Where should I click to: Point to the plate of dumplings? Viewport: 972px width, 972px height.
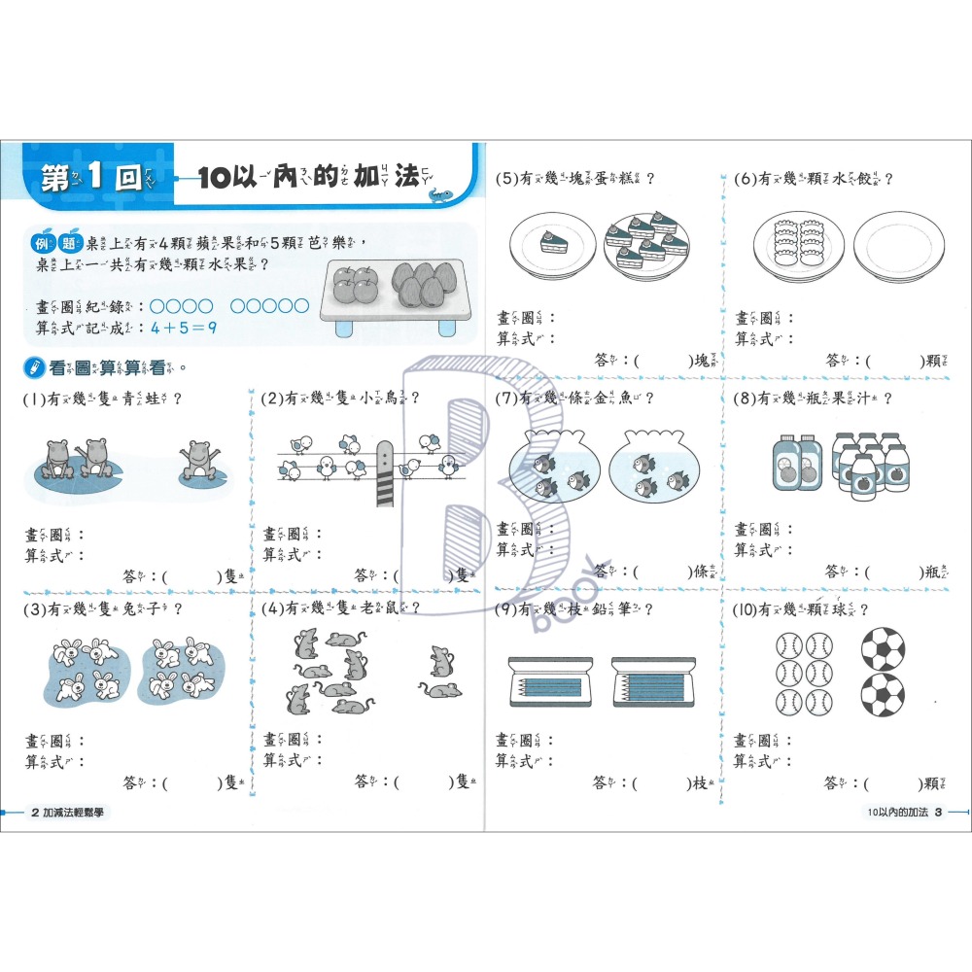point(797,246)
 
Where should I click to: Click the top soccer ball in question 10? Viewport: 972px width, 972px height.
point(882,647)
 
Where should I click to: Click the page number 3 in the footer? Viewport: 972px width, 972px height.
point(938,813)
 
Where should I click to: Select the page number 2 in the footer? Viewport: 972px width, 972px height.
point(35,813)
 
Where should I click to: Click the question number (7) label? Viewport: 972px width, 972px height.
point(504,398)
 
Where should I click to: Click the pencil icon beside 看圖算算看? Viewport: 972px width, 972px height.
point(34,368)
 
